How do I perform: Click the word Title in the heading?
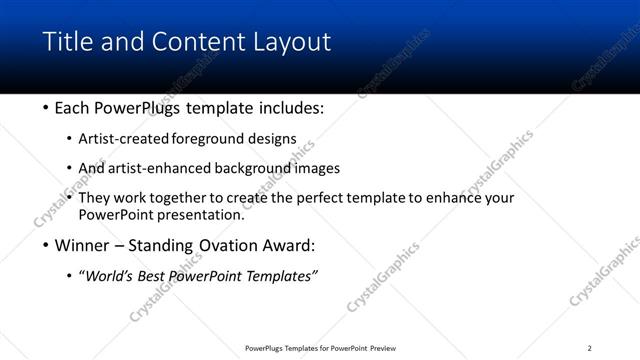pyautogui.click(x=67, y=42)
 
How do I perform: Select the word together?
pyautogui.click(x=203, y=198)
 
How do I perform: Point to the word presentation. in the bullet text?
pyautogui.click(x=197, y=214)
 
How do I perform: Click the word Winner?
pyautogui.click(x=82, y=244)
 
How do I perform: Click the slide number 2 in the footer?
pyautogui.click(x=589, y=348)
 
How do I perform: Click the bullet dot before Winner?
pyautogui.click(x=46, y=245)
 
